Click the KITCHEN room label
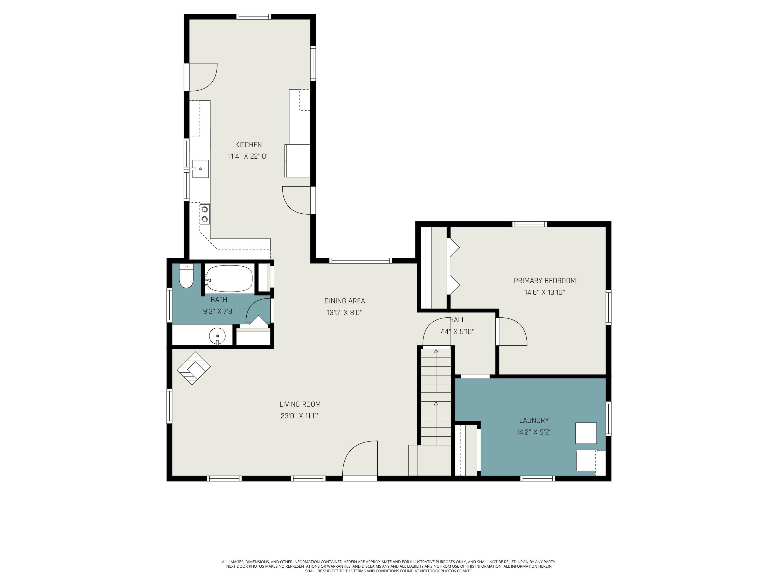(x=248, y=145)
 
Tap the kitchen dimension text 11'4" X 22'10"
(x=248, y=156)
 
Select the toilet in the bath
(x=186, y=276)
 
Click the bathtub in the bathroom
(x=229, y=279)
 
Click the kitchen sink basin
(x=200, y=169)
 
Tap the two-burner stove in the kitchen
(x=205, y=214)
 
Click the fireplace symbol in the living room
(x=194, y=368)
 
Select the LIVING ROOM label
(x=300, y=404)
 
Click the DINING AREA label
(x=344, y=301)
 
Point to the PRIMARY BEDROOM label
(x=544, y=281)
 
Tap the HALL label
(x=457, y=320)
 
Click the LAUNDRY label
(x=533, y=420)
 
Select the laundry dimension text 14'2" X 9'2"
(x=533, y=432)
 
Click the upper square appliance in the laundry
(x=586, y=433)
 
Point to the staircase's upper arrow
(x=436, y=351)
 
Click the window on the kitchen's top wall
(x=254, y=17)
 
